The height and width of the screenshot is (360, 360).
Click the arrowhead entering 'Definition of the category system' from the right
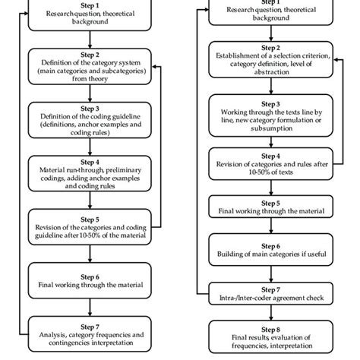click(154, 66)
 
